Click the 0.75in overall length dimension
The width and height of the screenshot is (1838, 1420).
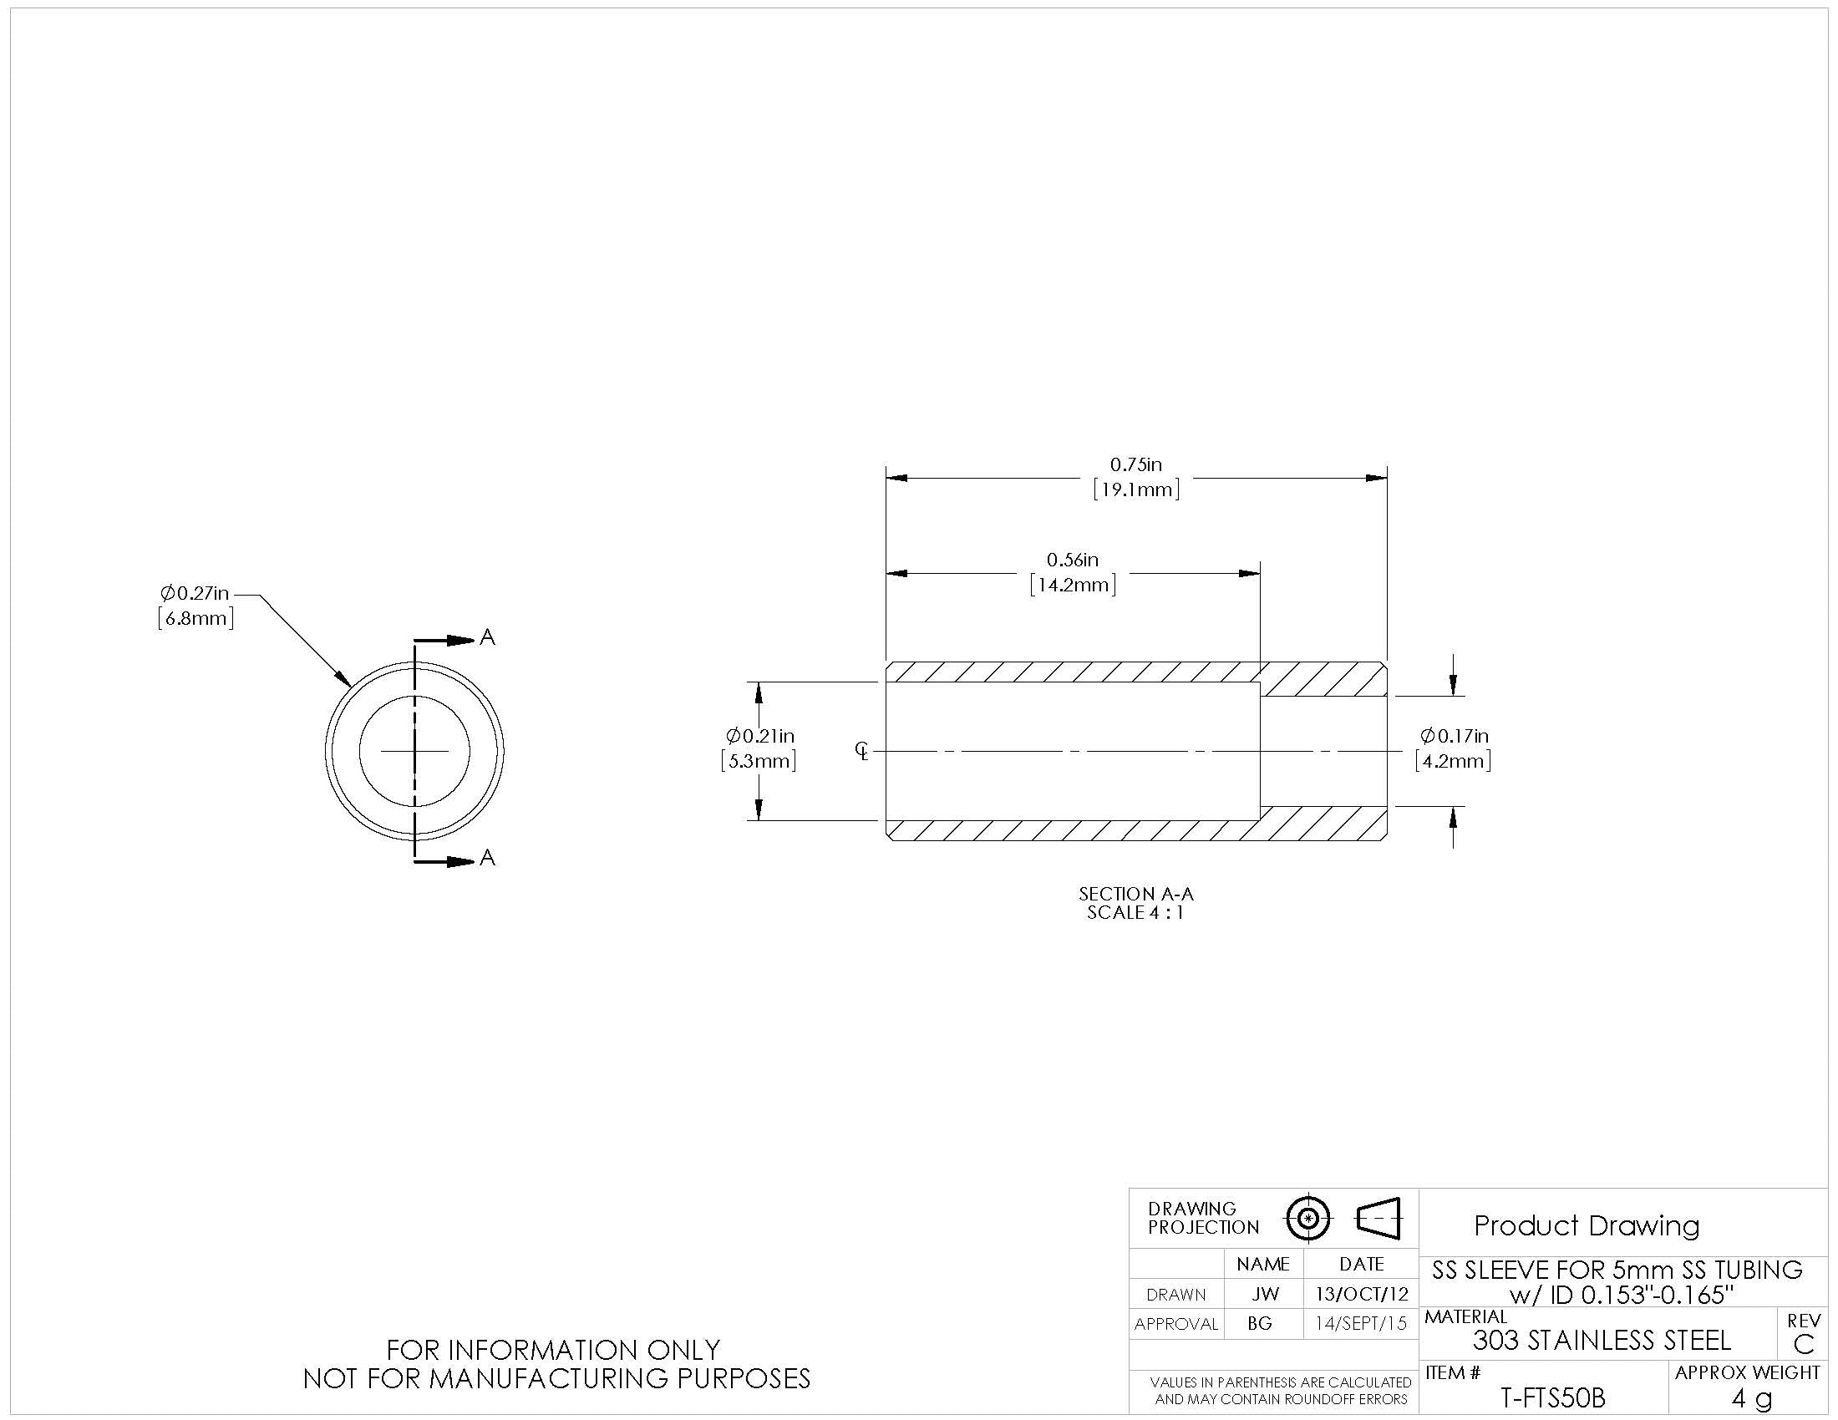click(1135, 464)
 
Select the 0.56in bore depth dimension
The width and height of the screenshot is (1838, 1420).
click(1072, 560)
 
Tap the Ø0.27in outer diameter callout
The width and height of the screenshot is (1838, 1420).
click(195, 593)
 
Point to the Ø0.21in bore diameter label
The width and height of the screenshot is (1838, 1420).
click(760, 736)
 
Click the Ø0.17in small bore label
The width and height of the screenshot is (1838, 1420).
click(1455, 736)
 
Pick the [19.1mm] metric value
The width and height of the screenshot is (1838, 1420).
click(1136, 489)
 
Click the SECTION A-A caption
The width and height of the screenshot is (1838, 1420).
click(1136, 895)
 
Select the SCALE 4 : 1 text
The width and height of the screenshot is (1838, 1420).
click(1136, 913)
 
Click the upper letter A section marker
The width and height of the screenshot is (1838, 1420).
click(487, 637)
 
